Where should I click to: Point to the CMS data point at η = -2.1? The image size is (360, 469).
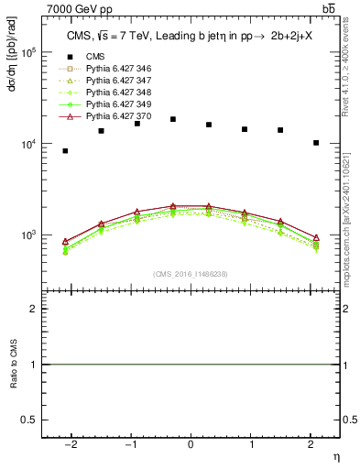coord(65,150)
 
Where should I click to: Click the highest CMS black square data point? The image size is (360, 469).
coord(173,119)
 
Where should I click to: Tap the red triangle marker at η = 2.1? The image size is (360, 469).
coord(316,237)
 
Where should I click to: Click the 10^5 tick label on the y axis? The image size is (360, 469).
coord(28,52)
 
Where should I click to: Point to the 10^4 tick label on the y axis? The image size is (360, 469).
coord(28,144)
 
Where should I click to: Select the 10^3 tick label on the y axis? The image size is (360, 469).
coord(28,235)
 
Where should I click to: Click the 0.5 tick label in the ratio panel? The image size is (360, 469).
coord(29,420)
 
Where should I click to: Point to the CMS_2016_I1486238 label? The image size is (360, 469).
coord(191,274)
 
